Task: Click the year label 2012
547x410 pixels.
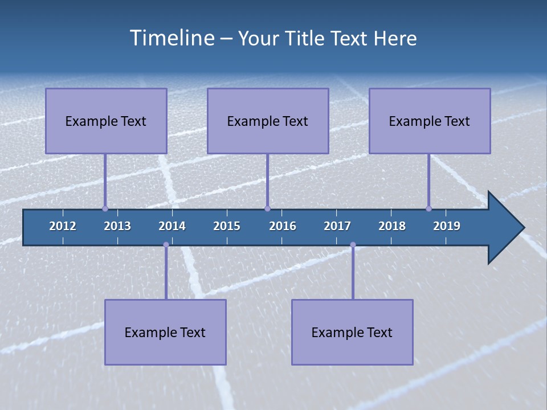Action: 63,226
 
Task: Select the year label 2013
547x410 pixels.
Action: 117,226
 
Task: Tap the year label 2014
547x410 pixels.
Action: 172,226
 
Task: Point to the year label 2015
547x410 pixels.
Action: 227,226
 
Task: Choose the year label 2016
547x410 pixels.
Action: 283,226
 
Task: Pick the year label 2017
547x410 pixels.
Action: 337,226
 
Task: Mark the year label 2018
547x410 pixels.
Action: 392,226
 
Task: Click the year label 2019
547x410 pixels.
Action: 447,226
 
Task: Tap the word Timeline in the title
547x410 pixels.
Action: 172,38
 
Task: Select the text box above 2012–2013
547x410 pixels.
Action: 106,121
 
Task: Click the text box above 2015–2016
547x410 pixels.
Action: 268,121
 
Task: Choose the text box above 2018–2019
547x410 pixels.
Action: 430,121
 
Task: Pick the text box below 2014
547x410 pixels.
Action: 165,332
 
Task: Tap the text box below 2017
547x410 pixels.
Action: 352,332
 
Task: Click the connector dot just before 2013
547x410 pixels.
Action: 105,208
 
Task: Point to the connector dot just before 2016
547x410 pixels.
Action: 267,208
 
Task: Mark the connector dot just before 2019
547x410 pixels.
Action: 428,208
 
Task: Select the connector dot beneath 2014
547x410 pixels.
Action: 166,244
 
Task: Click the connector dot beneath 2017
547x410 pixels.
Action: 353,244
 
